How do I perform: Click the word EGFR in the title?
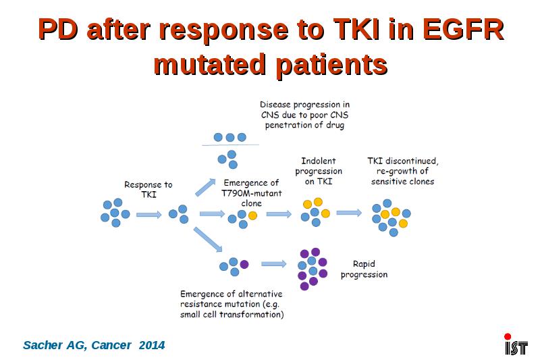464,29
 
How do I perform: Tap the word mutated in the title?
210,64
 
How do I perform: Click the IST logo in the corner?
516,344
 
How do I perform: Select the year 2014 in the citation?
152,345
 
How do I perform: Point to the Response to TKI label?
148,190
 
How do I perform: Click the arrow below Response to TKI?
148,215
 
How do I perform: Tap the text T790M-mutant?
251,193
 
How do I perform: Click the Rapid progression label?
364,269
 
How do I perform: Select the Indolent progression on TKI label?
319,171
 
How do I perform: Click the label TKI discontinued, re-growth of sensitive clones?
402,171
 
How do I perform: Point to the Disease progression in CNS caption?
305,115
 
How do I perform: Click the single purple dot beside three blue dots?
244,264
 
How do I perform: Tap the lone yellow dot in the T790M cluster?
252,215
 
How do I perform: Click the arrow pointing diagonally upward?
205,187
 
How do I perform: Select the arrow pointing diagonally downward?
208,239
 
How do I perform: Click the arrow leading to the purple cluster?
274,264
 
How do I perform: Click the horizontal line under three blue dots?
230,145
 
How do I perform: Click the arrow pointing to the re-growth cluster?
349,213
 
